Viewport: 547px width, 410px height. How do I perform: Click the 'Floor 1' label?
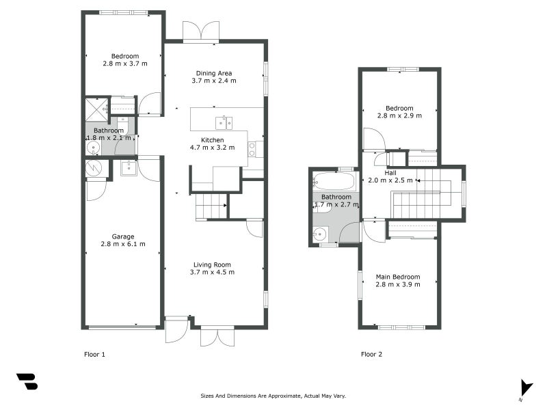94,354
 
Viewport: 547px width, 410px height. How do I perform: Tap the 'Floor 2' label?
371,354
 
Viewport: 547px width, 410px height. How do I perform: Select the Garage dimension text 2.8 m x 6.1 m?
123,244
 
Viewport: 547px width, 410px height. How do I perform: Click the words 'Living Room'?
212,264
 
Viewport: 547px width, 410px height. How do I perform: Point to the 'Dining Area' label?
214,73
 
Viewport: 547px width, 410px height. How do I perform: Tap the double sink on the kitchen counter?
224,123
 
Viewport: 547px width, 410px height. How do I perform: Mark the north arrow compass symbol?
525,388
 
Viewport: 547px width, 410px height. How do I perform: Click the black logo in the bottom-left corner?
27,381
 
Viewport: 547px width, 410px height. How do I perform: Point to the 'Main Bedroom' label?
398,277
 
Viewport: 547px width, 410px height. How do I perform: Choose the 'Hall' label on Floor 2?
390,173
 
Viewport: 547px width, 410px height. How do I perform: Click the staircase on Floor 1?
211,206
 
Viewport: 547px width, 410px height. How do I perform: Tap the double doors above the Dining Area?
201,32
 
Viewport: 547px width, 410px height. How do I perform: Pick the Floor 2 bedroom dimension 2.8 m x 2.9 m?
399,115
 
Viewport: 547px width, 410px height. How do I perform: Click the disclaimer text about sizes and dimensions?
273,396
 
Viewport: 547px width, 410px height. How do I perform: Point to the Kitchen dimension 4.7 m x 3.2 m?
212,147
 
